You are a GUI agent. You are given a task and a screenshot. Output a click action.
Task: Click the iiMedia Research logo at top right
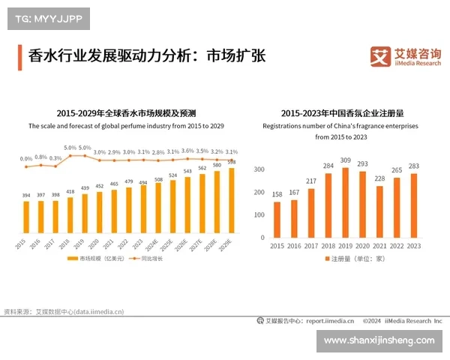click(x=405, y=56)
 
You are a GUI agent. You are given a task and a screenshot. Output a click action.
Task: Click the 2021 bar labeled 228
click(x=379, y=211)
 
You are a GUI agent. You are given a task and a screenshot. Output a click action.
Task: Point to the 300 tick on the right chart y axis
click(x=259, y=170)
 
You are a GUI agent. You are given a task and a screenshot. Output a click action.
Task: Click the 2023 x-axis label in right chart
click(x=413, y=246)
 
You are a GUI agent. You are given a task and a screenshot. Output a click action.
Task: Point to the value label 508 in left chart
click(x=158, y=179)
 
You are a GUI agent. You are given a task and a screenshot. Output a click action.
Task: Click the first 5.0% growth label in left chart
click(x=70, y=148)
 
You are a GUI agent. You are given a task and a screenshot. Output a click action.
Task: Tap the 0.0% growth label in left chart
click(x=26, y=158)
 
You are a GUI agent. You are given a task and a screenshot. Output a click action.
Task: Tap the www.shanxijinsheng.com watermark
click(x=379, y=340)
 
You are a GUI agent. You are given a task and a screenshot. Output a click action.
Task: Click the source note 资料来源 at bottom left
click(x=64, y=311)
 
